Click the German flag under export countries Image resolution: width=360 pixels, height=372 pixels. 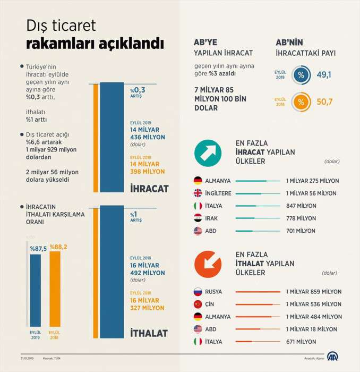point(198,181)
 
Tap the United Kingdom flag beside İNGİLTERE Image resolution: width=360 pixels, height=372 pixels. point(198,193)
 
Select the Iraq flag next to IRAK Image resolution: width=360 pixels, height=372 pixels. point(198,218)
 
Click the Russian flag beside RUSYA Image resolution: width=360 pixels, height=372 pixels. point(198,292)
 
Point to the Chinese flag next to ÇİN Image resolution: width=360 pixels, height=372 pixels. point(198,304)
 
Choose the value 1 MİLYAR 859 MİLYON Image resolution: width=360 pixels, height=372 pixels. point(313,292)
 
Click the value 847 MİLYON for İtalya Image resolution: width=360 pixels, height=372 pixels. point(301,206)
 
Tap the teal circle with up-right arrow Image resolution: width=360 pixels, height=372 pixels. point(208,153)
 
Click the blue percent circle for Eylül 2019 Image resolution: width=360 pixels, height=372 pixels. point(301,75)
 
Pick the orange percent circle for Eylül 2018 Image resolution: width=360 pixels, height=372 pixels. point(301,102)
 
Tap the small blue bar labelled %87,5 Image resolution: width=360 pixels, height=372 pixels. point(35,290)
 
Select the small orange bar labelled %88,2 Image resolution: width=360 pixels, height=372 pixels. point(55,288)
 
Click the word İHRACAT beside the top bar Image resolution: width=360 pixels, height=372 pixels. point(149,189)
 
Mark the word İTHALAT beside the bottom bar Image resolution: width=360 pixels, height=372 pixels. point(149,334)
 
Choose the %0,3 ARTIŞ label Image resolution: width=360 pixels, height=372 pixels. point(138,91)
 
